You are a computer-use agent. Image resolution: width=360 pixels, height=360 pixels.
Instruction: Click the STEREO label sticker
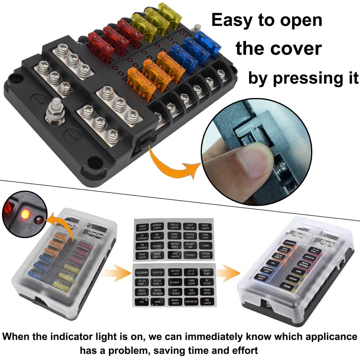(190, 255)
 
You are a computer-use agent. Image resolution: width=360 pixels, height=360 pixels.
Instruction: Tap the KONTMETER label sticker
(191, 302)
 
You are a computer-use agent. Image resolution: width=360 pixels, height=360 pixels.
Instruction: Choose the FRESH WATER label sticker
(207, 292)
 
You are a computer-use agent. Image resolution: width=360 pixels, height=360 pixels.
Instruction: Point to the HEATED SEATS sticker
(174, 245)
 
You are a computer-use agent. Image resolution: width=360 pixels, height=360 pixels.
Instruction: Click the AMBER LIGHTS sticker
(142, 227)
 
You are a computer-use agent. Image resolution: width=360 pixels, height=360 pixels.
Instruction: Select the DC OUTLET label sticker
(207, 282)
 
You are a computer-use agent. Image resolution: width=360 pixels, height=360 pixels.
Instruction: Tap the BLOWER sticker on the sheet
(175, 282)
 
